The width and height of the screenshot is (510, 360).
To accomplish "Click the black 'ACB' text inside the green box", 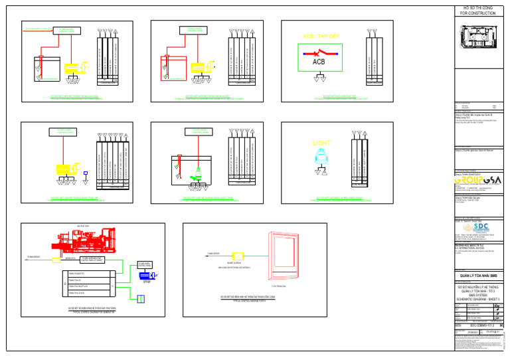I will pos(321,62).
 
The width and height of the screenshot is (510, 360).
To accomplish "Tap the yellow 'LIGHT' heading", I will pos(321,143).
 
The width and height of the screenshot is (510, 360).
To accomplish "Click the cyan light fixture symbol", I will pos(321,157).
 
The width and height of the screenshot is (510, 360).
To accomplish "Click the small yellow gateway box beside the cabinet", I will pos(237,256).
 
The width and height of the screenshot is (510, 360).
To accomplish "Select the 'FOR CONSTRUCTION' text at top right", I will pos(477,13).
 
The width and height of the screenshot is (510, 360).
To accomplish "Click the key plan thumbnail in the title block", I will pos(477,34).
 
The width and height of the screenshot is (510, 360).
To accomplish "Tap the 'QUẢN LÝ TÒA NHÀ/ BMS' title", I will pos(477,276).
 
